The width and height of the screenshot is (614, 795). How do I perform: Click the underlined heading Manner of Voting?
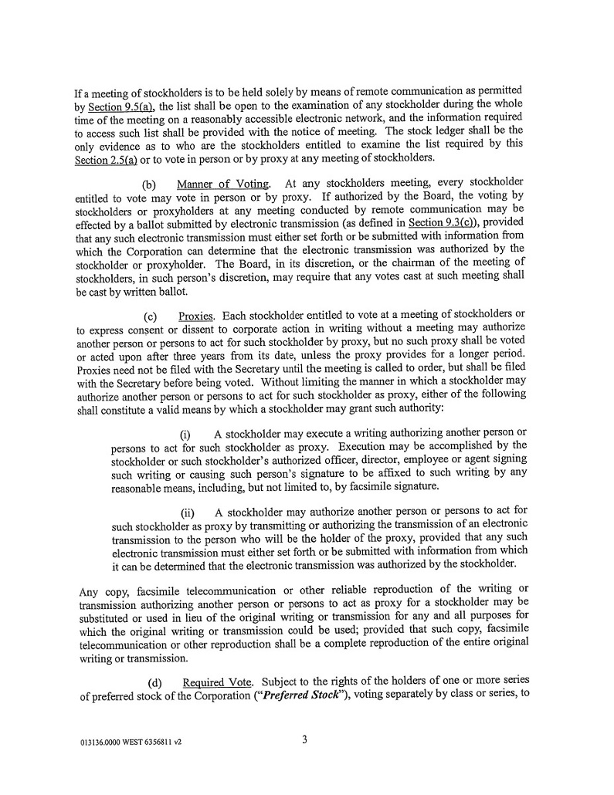point(223,184)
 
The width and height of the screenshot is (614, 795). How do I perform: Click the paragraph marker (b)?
point(150,184)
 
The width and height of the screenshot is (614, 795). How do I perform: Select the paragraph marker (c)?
point(150,317)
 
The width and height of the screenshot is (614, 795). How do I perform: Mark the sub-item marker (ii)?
point(188,513)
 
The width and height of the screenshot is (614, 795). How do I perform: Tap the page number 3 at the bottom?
point(305,740)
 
